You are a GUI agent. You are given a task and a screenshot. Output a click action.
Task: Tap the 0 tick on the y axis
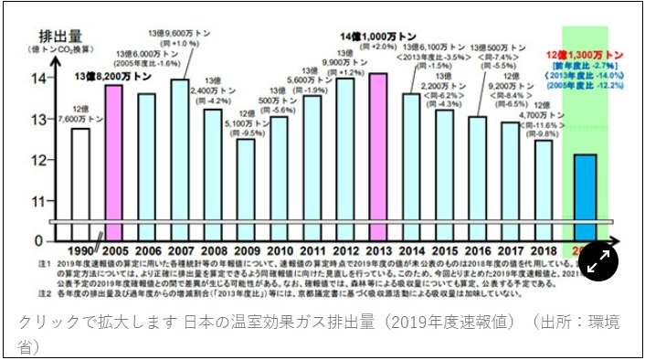pos(37,240)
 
